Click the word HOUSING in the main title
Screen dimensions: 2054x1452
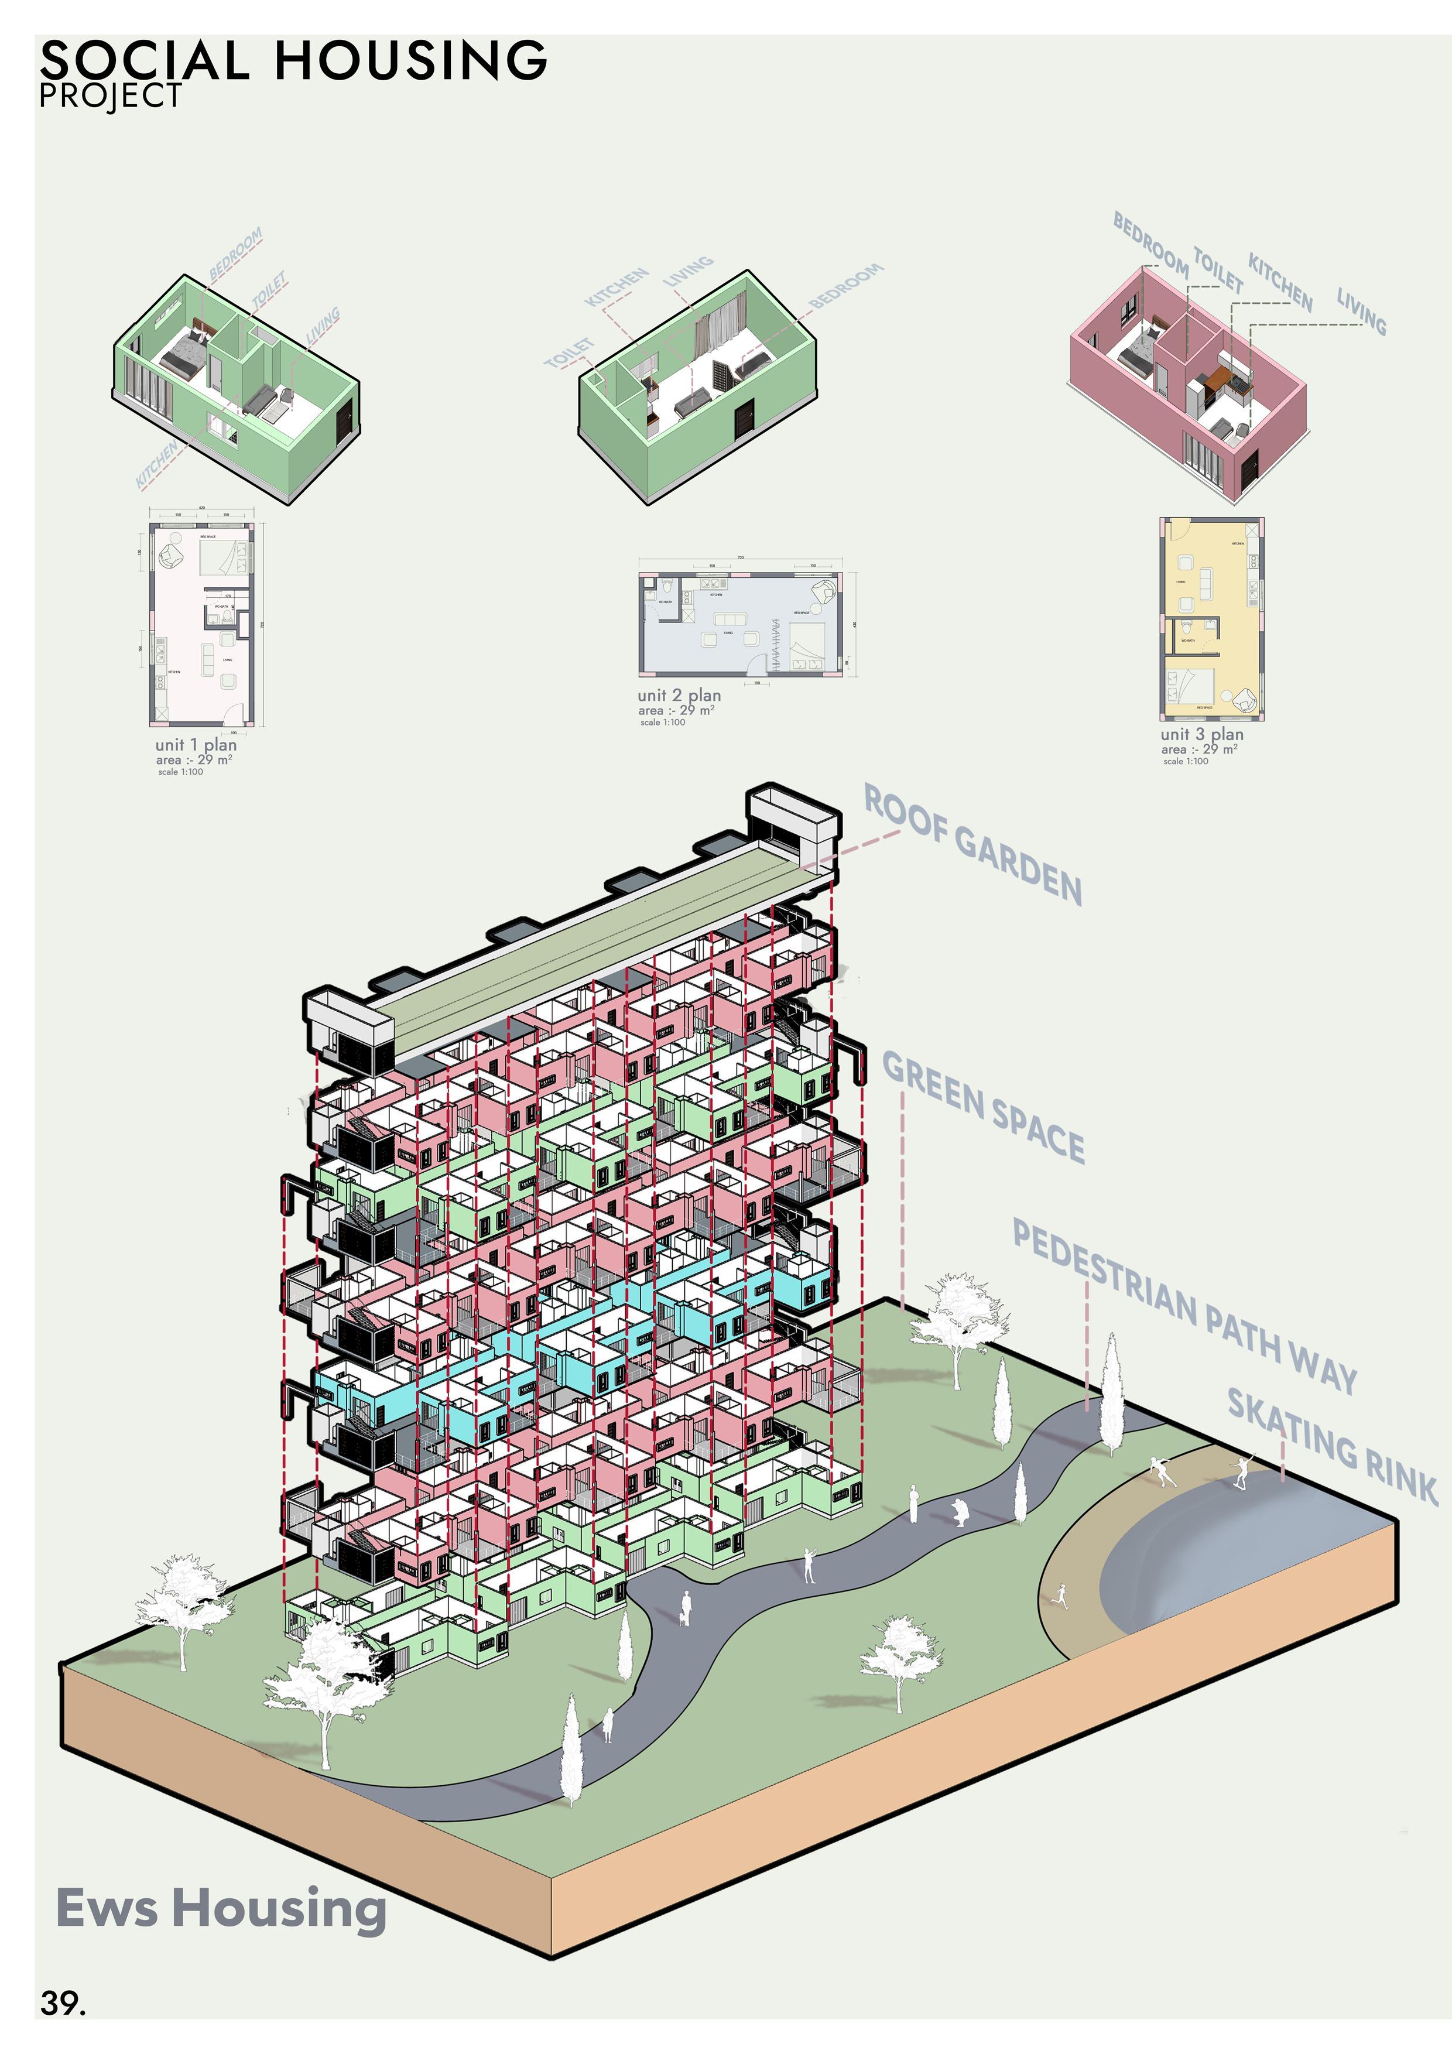(x=410, y=61)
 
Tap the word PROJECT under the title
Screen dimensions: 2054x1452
(x=111, y=95)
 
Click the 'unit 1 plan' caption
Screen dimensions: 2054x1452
(x=196, y=744)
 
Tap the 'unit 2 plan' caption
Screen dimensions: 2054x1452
(x=679, y=695)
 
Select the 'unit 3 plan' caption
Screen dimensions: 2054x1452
(x=1201, y=734)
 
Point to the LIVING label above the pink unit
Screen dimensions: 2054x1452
(x=1361, y=310)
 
